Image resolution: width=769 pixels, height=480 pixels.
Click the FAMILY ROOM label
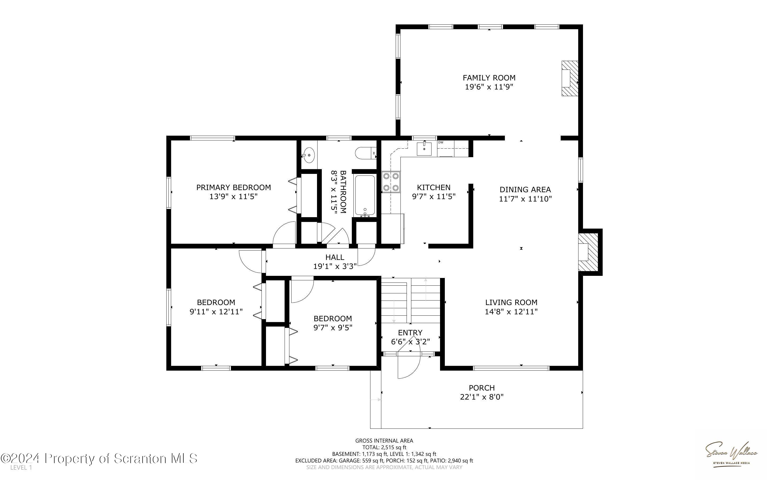(x=489, y=78)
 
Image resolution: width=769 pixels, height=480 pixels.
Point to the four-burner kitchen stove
(x=391, y=182)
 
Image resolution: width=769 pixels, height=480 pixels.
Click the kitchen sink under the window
(x=424, y=149)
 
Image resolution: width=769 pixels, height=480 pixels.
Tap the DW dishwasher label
(x=441, y=143)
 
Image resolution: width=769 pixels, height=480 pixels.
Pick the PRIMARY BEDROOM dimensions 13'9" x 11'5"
(x=234, y=196)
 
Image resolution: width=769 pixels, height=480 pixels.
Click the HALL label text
(x=335, y=257)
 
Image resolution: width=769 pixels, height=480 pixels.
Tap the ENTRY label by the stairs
(x=410, y=333)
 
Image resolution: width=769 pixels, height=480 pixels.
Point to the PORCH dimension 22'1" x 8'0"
(x=482, y=397)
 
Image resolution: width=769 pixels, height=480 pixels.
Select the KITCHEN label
(x=434, y=187)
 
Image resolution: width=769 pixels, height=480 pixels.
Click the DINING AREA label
(x=525, y=190)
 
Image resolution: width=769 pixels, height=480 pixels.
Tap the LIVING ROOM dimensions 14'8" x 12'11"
(x=511, y=312)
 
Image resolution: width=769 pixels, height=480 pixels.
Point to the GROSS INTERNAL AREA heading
(x=384, y=441)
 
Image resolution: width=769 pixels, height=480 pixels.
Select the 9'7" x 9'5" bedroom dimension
(x=333, y=328)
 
